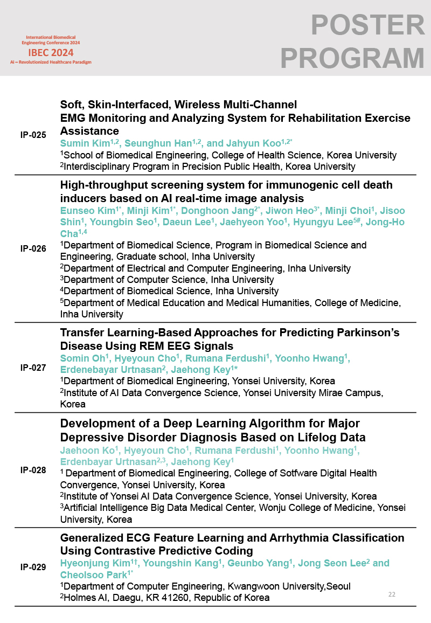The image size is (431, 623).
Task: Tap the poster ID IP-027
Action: (33, 368)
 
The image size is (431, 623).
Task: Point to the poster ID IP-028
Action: (33, 470)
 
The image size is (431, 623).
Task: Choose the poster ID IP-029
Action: (33, 567)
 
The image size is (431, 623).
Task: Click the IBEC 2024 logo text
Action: (51, 53)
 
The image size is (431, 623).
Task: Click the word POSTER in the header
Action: (368, 26)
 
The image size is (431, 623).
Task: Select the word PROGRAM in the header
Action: (353, 58)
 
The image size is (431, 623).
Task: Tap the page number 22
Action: (392, 594)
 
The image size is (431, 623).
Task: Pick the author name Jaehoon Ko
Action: (84, 450)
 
